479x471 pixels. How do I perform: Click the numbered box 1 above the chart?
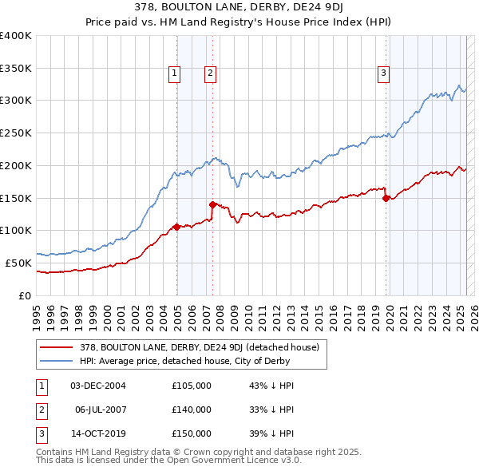coord(175,73)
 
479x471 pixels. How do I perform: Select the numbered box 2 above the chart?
coord(210,73)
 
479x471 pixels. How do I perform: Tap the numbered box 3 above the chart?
coord(384,73)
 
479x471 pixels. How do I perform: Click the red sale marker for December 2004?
coord(176,227)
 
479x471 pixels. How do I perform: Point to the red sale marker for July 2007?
coord(212,204)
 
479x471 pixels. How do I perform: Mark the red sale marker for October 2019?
coord(386,198)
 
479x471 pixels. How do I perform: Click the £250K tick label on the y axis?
coord(16,133)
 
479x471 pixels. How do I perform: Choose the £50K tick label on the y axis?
coord(19,263)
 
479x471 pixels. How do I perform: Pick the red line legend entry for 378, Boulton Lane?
coord(200,347)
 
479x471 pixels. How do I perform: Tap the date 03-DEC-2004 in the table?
coord(98,386)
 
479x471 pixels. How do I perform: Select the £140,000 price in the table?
coord(192,410)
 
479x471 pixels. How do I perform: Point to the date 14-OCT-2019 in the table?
coord(98,433)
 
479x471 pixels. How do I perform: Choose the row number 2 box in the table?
coord(40,410)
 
